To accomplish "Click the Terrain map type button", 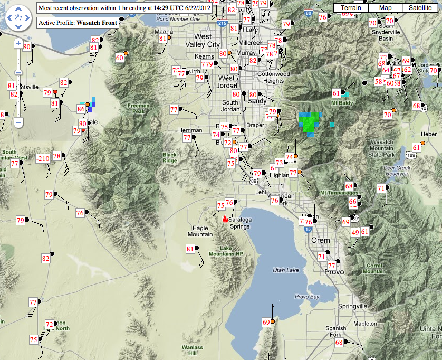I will click(x=351, y=8).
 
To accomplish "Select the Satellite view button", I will click(x=420, y=8).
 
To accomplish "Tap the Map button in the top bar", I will click(x=386, y=8).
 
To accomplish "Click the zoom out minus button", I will click(x=18, y=122).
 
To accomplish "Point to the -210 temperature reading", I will click(x=43, y=159).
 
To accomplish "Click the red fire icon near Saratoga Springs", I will click(x=225, y=219).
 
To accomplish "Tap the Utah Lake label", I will click(x=285, y=270).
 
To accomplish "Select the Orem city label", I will click(x=321, y=240).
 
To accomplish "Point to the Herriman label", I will click(x=190, y=130).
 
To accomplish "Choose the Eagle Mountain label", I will click(x=200, y=231).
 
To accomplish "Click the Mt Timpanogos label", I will click(x=339, y=193).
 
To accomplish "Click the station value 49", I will click(x=355, y=233).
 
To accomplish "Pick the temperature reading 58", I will click(x=378, y=82).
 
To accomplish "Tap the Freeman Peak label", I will click(x=138, y=109).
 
